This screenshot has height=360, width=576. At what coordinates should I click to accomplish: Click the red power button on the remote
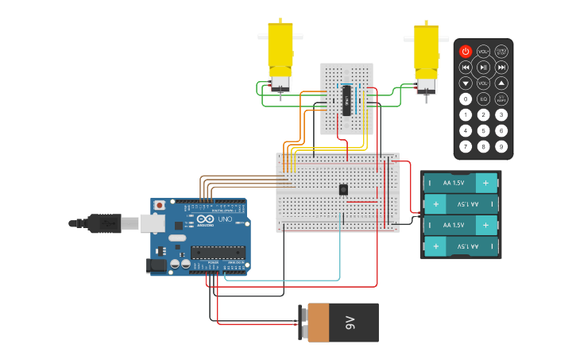(x=466, y=51)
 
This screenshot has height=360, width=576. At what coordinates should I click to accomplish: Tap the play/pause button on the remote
(x=483, y=67)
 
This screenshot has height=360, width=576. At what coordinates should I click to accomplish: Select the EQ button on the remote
(x=483, y=99)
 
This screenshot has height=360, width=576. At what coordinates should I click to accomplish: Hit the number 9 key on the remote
(x=501, y=146)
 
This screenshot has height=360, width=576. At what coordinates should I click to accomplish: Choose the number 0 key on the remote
(x=466, y=99)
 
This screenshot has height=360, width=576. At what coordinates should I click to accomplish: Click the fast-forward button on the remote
(x=501, y=67)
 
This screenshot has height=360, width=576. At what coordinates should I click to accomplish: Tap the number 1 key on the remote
(x=466, y=114)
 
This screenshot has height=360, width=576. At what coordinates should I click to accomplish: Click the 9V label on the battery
(x=350, y=323)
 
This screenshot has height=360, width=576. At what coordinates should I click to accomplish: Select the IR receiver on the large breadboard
(x=343, y=189)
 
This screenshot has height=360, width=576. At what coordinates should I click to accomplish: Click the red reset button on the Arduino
(x=160, y=205)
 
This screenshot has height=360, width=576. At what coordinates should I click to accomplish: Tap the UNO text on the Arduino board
(x=225, y=219)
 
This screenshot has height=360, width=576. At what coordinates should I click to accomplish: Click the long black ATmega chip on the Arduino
(x=218, y=253)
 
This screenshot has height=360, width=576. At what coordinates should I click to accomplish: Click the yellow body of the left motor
(x=280, y=48)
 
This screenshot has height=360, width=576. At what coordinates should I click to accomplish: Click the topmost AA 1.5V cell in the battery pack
(x=460, y=183)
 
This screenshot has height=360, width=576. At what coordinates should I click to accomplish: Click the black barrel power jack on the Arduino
(x=157, y=265)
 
